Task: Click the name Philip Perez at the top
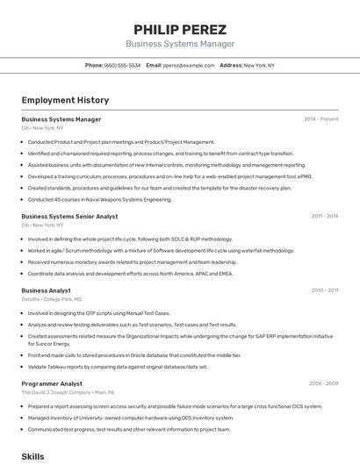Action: click(180, 29)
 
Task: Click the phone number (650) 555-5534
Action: click(122, 65)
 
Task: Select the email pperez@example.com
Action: click(189, 65)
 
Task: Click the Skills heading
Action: click(32, 457)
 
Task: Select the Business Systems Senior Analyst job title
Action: click(69, 216)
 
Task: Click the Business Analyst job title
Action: click(46, 290)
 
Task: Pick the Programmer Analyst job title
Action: click(52, 383)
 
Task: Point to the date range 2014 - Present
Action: click(320, 119)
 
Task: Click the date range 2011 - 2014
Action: click(324, 216)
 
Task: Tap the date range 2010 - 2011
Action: click(324, 290)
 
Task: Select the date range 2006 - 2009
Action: click(323, 383)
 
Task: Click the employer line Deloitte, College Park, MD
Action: click(52, 299)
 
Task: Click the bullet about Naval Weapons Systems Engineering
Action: click(99, 199)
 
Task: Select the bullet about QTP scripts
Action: click(98, 313)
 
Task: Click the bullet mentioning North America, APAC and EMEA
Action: click(130, 273)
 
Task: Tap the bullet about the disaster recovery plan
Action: click(159, 188)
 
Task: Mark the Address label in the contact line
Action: click(231, 65)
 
